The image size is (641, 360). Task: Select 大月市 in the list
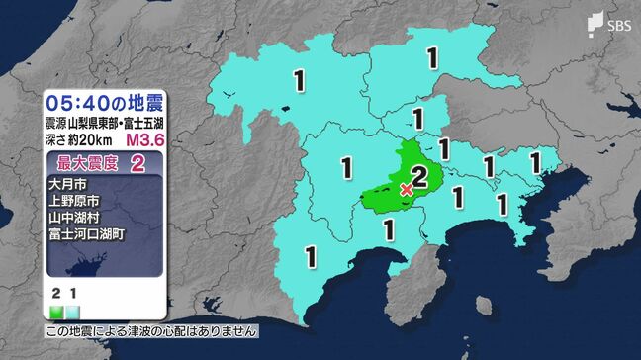tap(65, 186)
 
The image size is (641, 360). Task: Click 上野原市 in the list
tap(72, 203)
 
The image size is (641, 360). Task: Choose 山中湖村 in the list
tap(72, 220)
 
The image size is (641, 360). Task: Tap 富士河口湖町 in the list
tap(86, 236)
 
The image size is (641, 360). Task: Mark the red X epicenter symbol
tap(406, 189)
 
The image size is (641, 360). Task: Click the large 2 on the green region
tap(418, 177)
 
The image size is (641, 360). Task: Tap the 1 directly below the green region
tap(389, 229)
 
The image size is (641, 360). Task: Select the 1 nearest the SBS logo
tap(431, 58)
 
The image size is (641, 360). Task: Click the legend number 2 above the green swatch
tap(55, 295)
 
